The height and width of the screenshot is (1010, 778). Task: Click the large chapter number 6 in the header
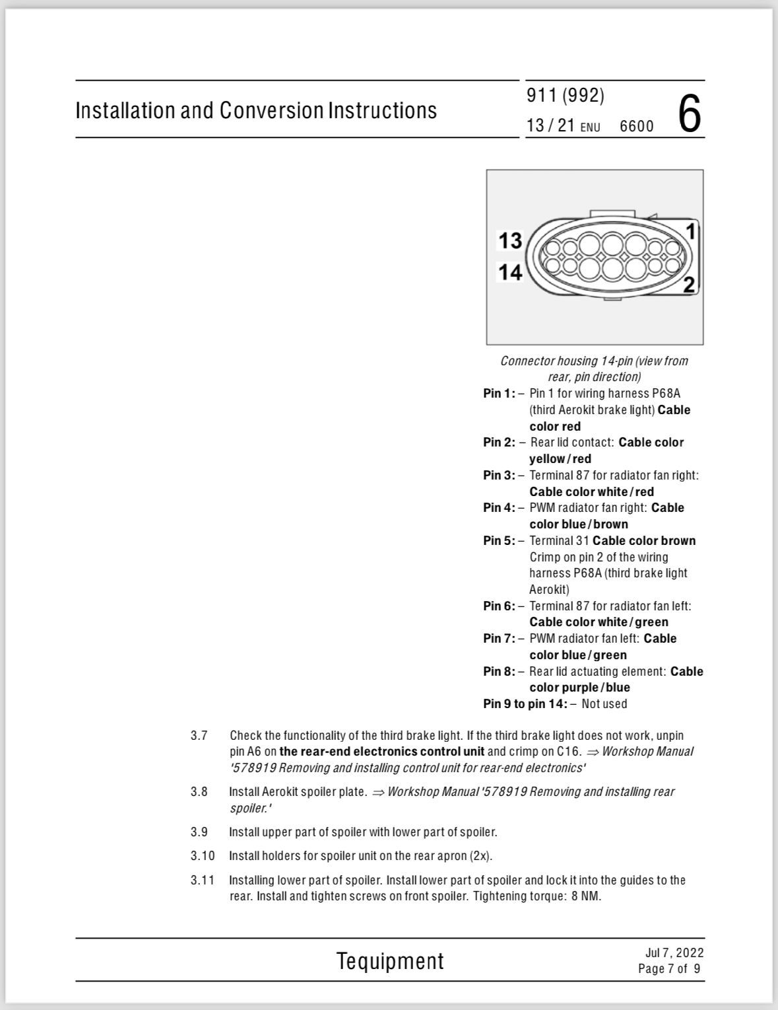click(x=689, y=114)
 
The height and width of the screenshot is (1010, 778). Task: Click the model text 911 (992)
click(x=566, y=96)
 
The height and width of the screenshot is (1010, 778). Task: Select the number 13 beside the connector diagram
click(x=510, y=240)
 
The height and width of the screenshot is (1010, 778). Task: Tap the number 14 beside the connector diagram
click(x=510, y=271)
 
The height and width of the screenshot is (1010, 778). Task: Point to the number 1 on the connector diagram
click(x=691, y=232)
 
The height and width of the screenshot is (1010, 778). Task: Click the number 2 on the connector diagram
click(x=689, y=285)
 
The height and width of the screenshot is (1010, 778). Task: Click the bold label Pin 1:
click(x=499, y=394)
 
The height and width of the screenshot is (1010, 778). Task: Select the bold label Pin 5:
click(x=499, y=541)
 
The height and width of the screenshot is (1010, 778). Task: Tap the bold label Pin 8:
click(x=499, y=672)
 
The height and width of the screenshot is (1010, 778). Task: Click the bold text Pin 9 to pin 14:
click(x=525, y=704)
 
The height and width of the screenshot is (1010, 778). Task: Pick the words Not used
click(x=604, y=704)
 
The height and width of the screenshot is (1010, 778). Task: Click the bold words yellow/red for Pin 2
click(x=560, y=459)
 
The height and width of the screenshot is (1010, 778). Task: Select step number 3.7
click(x=199, y=735)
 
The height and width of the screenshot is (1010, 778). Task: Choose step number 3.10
click(x=203, y=856)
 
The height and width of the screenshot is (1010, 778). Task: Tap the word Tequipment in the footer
click(x=390, y=961)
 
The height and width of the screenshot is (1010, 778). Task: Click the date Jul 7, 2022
click(x=674, y=953)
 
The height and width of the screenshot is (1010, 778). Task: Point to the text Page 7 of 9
click(x=669, y=969)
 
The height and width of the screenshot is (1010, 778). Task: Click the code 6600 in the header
click(x=636, y=126)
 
